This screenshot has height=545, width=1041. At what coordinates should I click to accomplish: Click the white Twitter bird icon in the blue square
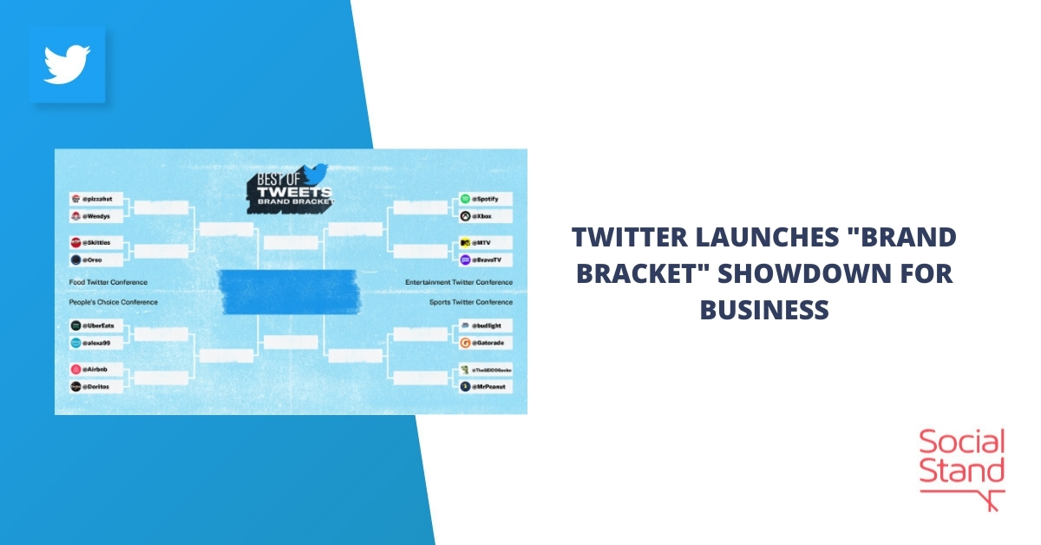(x=68, y=65)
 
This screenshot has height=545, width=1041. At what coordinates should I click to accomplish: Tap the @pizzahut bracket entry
(x=97, y=199)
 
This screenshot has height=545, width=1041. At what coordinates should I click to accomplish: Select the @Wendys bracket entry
(x=97, y=215)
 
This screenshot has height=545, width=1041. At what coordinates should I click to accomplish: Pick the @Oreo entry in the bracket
(x=97, y=259)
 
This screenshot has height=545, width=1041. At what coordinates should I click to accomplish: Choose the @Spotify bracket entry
(x=492, y=199)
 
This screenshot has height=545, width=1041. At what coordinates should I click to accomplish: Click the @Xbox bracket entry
(x=492, y=215)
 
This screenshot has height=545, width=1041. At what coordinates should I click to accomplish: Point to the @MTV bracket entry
(x=492, y=242)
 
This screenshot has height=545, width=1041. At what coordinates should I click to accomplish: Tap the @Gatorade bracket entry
(x=492, y=343)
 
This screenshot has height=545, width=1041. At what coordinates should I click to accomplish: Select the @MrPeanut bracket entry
(x=492, y=385)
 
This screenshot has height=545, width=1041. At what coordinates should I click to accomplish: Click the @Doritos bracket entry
(x=97, y=385)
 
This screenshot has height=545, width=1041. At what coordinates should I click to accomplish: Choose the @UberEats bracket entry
(x=97, y=325)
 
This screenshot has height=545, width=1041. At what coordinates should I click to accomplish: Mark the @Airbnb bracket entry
(x=97, y=369)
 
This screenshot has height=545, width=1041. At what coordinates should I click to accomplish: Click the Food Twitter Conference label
(x=108, y=282)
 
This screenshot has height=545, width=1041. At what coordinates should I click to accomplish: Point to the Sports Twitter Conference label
(x=470, y=302)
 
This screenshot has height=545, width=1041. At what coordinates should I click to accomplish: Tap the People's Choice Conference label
(x=114, y=302)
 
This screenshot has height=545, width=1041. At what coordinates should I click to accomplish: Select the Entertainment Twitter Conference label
(x=459, y=282)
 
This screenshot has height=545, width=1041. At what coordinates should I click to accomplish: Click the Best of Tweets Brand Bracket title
(x=291, y=185)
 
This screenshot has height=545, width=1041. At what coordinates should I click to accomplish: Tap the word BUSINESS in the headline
(x=764, y=309)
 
